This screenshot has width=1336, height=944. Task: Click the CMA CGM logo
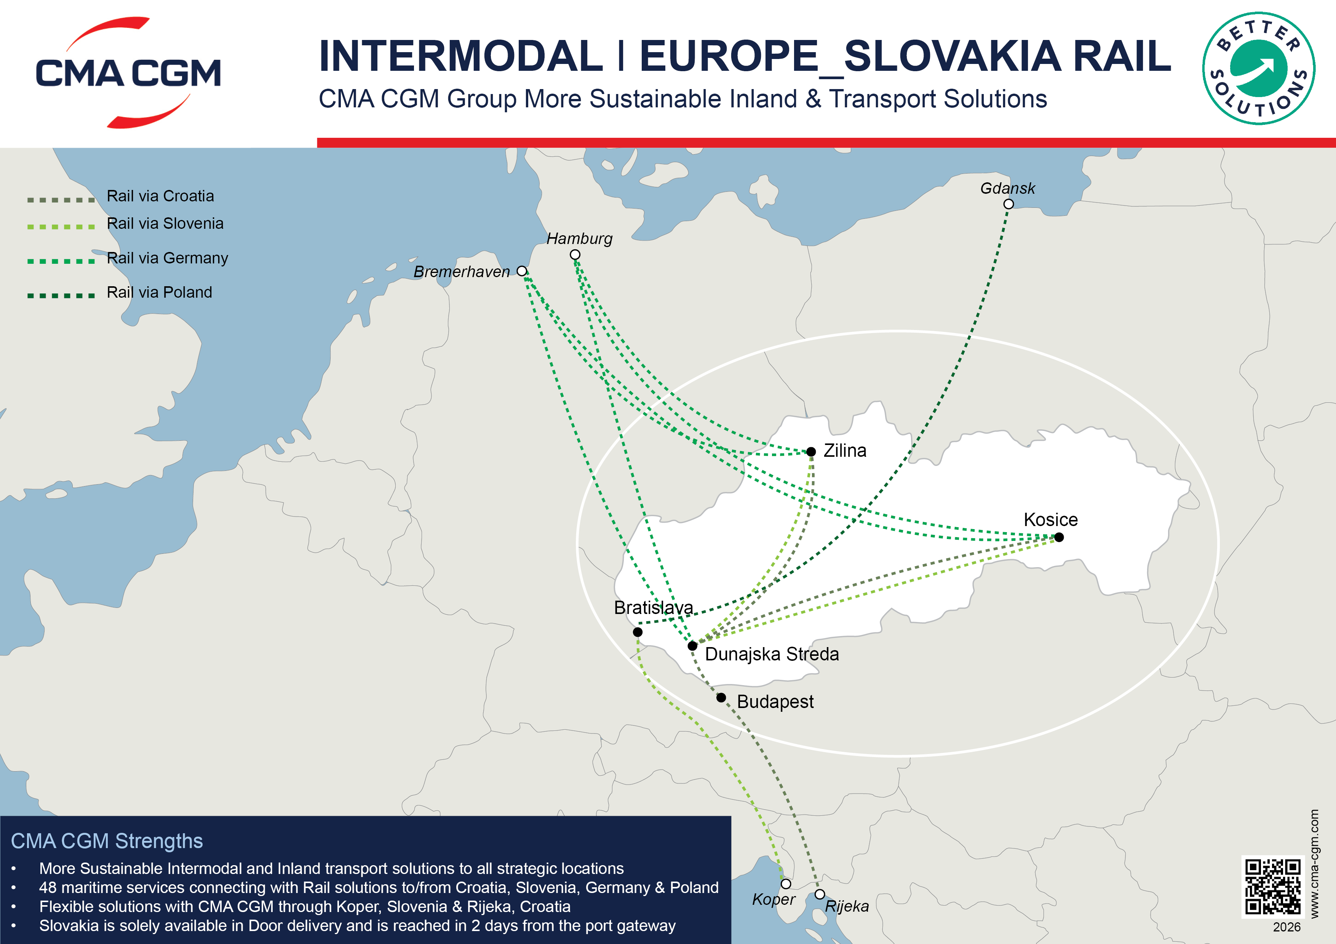pos(128,73)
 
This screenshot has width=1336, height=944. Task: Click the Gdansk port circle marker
pos(1008,204)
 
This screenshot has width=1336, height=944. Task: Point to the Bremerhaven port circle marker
pos(522,271)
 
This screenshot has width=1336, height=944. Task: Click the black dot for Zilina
pos(811,452)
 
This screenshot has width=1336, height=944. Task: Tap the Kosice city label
pos(1050,520)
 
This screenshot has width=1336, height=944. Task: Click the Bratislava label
pos(654,608)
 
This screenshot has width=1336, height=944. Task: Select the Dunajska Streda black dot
pos(692,646)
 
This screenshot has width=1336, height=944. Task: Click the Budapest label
pos(775,702)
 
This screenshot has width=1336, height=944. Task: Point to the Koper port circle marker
pos(786,883)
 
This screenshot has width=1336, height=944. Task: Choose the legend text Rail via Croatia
pos(160,196)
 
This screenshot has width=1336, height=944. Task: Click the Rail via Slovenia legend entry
pos(165,223)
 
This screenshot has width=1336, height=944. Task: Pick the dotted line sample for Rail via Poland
pos(61,295)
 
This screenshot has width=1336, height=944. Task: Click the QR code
pos(1272,887)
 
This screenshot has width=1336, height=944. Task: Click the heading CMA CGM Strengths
pos(107,841)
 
